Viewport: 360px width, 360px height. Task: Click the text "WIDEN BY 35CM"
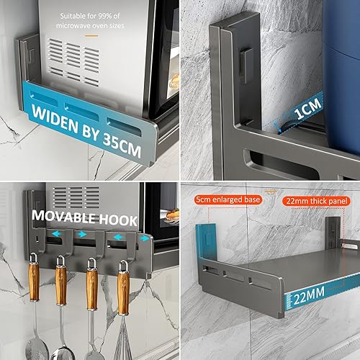coord(86,131)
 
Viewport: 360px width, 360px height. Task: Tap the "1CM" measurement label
coord(307,109)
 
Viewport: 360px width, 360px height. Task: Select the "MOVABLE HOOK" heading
coord(84,217)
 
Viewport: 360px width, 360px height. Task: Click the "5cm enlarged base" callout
coord(228,199)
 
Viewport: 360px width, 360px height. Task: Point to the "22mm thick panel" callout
coord(317,201)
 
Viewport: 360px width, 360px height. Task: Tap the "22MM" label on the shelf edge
coord(309,296)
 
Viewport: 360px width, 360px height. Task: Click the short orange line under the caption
coord(91,36)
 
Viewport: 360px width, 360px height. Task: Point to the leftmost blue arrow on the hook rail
coord(56,233)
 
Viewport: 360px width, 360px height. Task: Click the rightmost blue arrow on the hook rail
coord(145,238)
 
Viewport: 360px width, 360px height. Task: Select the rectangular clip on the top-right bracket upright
coord(246,65)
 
